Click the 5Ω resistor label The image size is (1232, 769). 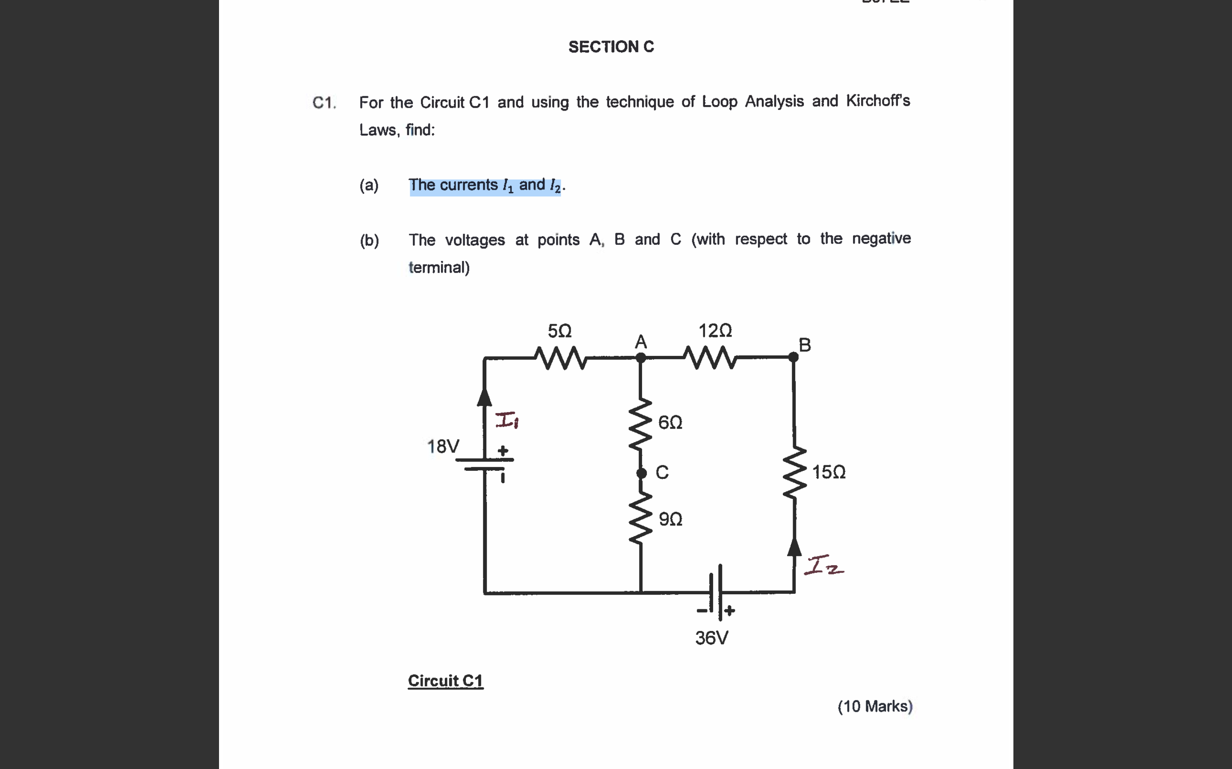[x=560, y=331]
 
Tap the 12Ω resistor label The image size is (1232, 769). [x=715, y=331]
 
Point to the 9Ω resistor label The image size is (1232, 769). [x=670, y=519]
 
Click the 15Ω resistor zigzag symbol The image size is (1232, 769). [x=794, y=473]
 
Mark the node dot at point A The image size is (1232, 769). [x=641, y=358]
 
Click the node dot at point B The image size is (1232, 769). [x=793, y=357]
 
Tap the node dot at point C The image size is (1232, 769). [x=642, y=473]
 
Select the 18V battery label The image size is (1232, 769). [x=443, y=446]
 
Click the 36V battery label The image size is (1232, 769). [x=712, y=638]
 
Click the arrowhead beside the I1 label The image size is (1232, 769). [x=485, y=397]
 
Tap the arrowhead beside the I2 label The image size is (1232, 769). [x=794, y=547]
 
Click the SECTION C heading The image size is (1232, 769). [x=611, y=47]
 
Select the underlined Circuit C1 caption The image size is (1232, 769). [x=445, y=681]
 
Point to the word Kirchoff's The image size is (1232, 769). [x=878, y=101]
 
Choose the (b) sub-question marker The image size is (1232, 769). [x=369, y=240]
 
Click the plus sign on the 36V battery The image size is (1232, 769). [x=729, y=611]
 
